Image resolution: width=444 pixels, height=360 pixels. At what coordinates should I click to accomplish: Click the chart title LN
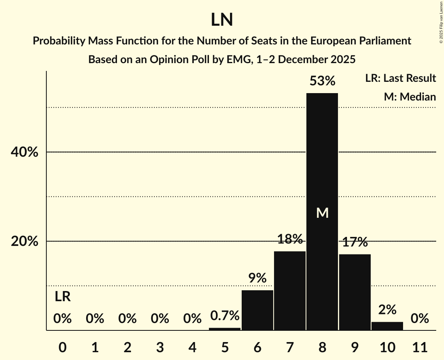click(222, 20)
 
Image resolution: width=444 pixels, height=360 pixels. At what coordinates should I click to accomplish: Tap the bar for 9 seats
click(355, 292)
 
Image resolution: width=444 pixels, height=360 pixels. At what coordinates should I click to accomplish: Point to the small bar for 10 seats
click(387, 326)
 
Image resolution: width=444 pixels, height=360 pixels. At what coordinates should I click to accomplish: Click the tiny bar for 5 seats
click(225, 329)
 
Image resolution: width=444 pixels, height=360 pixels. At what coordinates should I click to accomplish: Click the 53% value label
click(322, 81)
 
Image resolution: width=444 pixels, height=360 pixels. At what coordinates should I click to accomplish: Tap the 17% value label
click(355, 242)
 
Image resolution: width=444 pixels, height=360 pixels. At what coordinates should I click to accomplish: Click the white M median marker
click(322, 213)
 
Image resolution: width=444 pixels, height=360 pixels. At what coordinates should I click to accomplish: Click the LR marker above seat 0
click(62, 297)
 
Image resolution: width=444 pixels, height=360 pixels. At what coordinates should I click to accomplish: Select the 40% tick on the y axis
click(25, 152)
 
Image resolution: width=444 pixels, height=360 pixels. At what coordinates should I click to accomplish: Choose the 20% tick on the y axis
click(25, 242)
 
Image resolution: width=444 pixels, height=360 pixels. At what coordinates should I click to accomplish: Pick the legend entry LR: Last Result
click(400, 78)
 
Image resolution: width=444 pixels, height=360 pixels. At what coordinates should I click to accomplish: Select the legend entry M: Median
click(410, 97)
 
